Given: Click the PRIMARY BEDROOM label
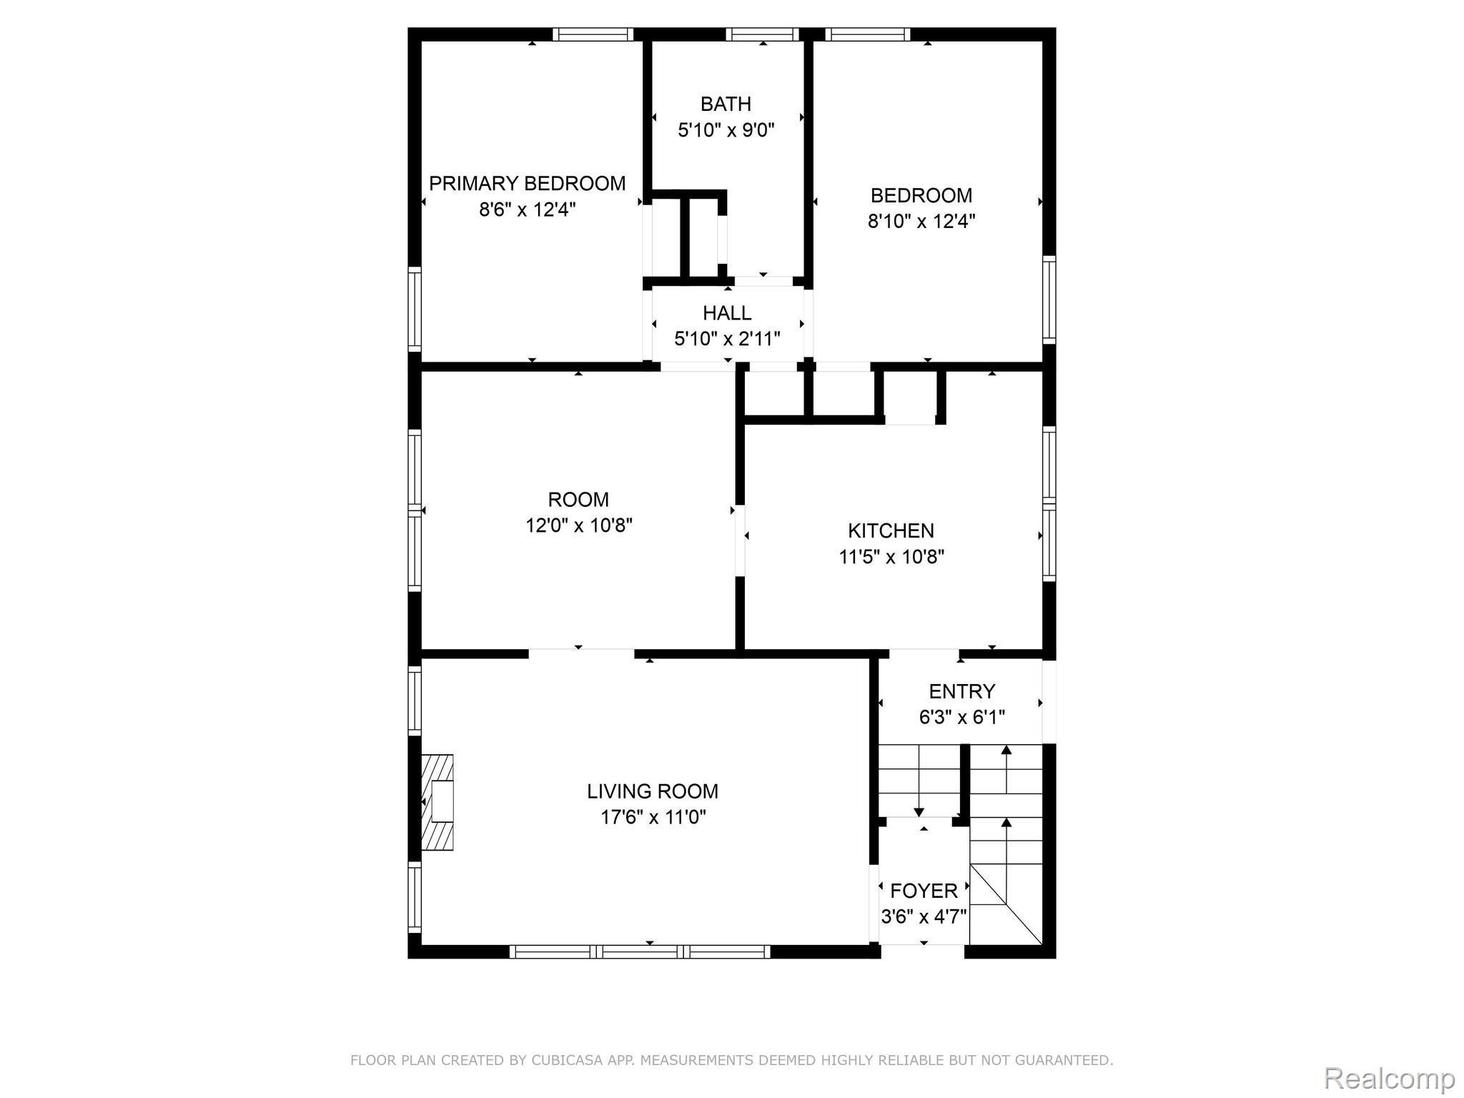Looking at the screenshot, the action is click(527, 184).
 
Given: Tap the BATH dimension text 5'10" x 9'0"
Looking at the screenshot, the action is click(726, 130).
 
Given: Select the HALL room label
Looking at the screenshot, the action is click(727, 313).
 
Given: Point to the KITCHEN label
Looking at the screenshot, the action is click(891, 531).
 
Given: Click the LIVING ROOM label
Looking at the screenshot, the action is click(653, 791).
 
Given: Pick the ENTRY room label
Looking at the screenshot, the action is click(961, 691).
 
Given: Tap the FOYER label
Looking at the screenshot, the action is click(924, 891).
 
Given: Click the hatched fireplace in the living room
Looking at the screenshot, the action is click(437, 802).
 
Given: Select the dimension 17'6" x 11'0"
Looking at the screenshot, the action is click(653, 817).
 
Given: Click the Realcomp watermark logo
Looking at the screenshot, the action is click(1390, 1077).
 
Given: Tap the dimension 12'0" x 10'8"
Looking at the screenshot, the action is click(579, 525).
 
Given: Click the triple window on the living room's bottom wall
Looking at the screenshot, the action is click(640, 951).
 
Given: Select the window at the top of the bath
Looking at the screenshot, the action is click(763, 34).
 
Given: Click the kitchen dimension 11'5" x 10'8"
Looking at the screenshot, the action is click(891, 557).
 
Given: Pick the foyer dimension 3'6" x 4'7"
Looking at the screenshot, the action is click(924, 916).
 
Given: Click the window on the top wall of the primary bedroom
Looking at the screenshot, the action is click(593, 34).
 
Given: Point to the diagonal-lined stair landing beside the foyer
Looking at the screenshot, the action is click(1006, 904).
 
